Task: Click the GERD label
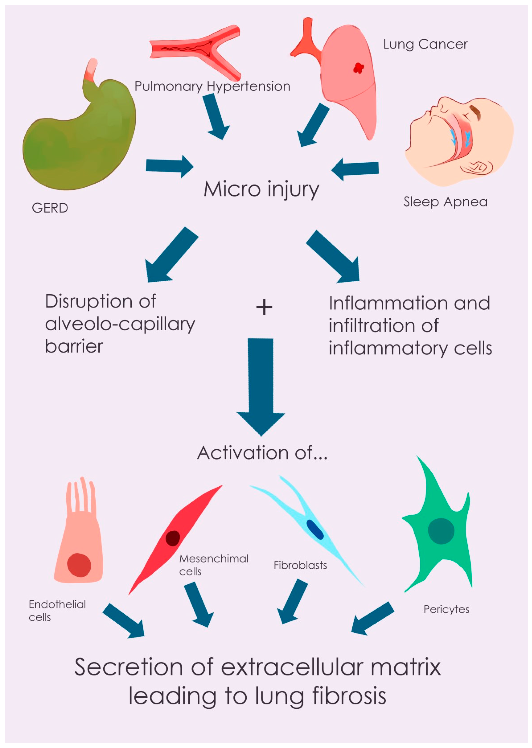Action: pos(50,208)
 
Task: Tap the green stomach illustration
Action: pos(79,141)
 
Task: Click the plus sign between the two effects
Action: pos(264,307)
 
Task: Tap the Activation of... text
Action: pos(262,453)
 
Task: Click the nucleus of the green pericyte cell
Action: pos(441,531)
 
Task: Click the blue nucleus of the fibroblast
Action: pos(315,530)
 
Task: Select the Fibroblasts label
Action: pos(300,566)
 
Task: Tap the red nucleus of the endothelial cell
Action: pos(79,565)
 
